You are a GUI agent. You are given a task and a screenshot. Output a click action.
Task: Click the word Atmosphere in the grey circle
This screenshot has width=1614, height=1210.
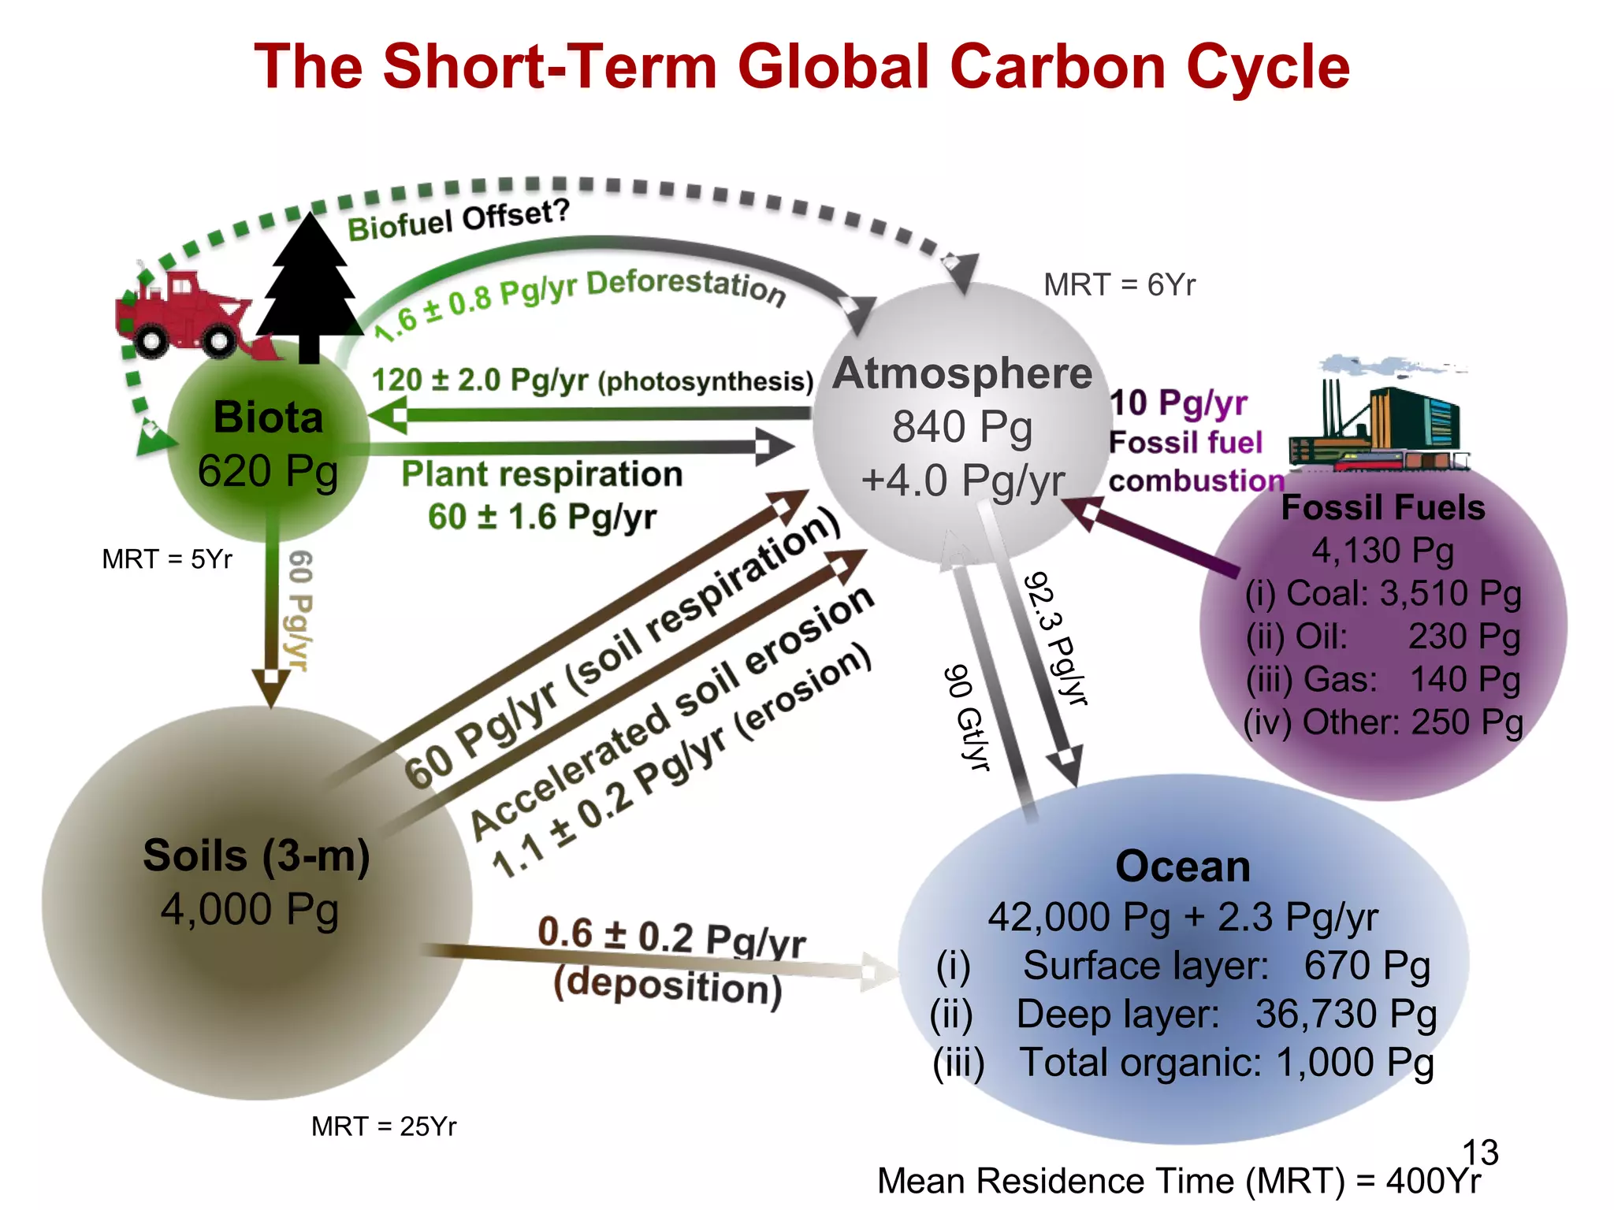pos(962,373)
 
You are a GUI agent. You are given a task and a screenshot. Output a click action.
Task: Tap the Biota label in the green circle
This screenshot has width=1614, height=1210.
pos(268,417)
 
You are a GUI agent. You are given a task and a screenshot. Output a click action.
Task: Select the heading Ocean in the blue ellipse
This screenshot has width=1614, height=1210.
pos(1182,867)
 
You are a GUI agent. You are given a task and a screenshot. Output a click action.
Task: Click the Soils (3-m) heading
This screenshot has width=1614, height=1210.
pos(256,856)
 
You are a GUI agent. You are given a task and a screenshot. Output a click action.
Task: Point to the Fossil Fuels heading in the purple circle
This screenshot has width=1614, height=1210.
pos(1383,507)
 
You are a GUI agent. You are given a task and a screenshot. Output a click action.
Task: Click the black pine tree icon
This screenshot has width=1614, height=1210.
pos(308,288)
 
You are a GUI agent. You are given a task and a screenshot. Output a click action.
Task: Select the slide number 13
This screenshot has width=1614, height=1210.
pos(1480,1152)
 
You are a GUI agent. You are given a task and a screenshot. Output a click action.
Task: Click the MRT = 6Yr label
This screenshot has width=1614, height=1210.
pos(1119,284)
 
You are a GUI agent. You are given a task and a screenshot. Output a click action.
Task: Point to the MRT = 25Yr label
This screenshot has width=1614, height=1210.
pos(384,1126)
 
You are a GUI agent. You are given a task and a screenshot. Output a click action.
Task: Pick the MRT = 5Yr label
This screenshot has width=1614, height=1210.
pos(167,559)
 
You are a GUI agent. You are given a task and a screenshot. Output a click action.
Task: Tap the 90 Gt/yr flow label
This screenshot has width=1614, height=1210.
pos(967,717)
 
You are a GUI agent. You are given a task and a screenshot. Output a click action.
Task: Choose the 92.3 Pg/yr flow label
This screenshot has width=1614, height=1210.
pos(1056,638)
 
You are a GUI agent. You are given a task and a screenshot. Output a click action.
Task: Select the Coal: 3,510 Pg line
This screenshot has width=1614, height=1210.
pos(1383,593)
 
